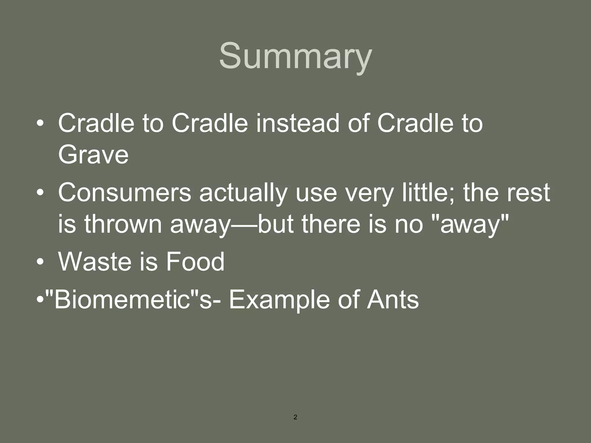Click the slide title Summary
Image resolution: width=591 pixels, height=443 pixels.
(x=295, y=56)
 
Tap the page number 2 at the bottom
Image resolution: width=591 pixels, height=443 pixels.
(x=295, y=417)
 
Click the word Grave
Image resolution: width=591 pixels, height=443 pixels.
(x=93, y=155)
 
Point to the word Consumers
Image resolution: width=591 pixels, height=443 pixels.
(x=124, y=193)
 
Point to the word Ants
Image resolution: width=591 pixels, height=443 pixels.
(x=392, y=300)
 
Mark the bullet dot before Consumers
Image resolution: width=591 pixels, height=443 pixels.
(x=40, y=193)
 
